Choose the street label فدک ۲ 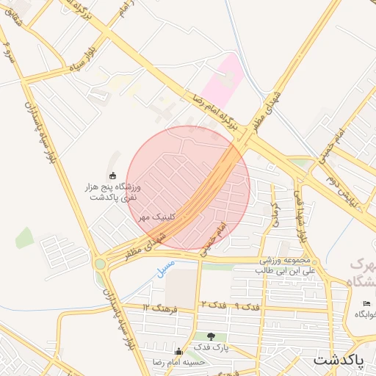click(212, 304)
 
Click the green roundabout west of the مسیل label click(99, 264)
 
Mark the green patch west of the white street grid click(24, 238)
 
